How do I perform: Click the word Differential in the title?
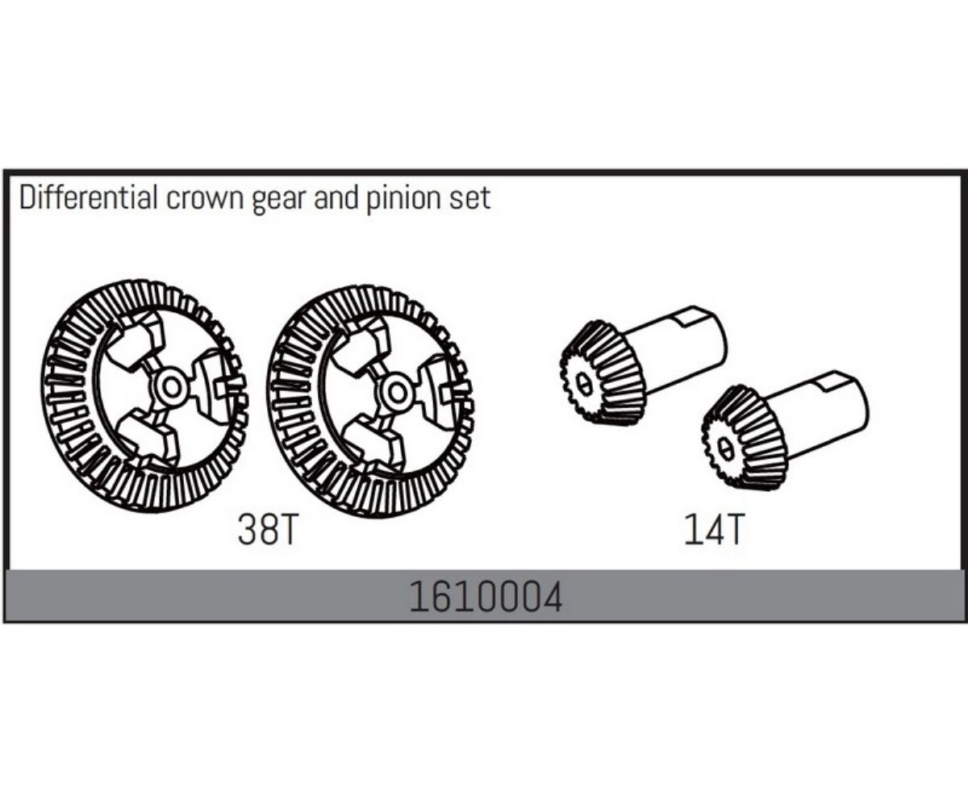(89, 198)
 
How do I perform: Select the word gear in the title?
(279, 202)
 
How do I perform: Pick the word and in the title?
(336, 198)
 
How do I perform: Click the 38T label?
(268, 530)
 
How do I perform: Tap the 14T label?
(712, 530)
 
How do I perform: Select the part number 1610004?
(485, 598)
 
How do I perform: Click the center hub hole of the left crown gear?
(172, 388)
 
